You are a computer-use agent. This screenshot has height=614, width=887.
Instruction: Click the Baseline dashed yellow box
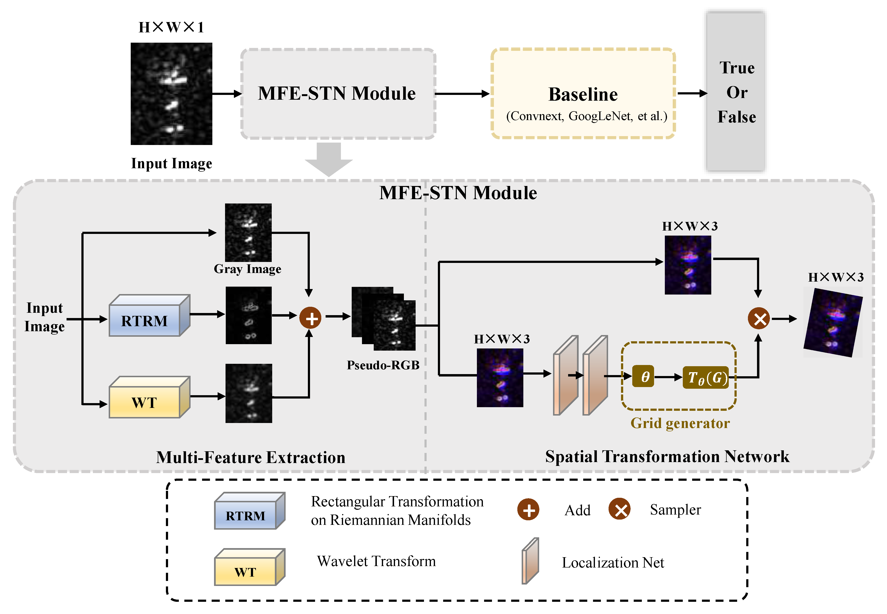(x=583, y=93)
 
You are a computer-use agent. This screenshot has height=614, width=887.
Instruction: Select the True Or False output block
(x=736, y=92)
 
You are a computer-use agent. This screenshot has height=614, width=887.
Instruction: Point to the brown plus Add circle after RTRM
(x=310, y=318)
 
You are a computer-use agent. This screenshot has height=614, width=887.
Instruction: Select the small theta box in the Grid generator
(x=643, y=377)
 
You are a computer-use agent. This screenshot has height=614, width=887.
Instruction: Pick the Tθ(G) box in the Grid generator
(x=706, y=377)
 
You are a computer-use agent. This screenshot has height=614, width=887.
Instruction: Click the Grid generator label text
(x=680, y=423)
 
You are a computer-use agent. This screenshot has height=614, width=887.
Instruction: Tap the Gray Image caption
(x=248, y=268)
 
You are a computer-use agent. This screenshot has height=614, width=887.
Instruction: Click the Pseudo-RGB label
(x=383, y=365)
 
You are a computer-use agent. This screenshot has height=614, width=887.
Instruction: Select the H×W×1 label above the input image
(x=171, y=27)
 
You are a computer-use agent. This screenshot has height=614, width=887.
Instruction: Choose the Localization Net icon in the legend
(x=530, y=561)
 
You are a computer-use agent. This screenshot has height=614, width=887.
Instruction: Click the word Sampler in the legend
(x=675, y=510)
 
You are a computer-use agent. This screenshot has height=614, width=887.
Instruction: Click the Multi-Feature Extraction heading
(x=251, y=457)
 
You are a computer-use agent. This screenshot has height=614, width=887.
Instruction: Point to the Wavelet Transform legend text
(x=376, y=561)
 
